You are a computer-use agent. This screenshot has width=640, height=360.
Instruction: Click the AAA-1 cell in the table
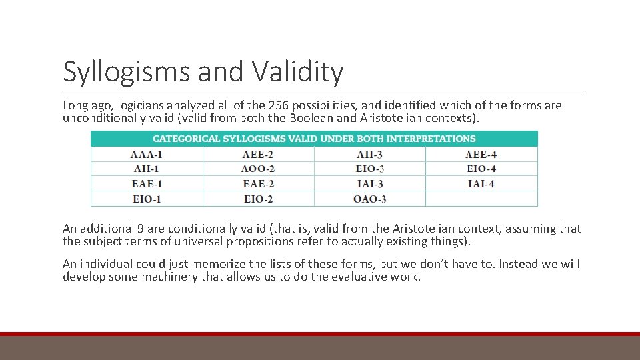pyautogui.click(x=147, y=155)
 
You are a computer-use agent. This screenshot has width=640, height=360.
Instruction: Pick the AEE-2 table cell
pyautogui.click(x=259, y=155)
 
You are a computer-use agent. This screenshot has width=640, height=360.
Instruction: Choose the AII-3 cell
pyautogui.click(x=369, y=155)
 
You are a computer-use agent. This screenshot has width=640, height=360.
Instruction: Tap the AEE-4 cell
pyautogui.click(x=481, y=155)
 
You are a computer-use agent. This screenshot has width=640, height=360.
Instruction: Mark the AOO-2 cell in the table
pyautogui.click(x=259, y=169)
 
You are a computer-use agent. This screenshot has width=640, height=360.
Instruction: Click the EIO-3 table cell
pyautogui.click(x=369, y=169)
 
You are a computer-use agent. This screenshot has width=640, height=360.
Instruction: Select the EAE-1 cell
pyautogui.click(x=147, y=184)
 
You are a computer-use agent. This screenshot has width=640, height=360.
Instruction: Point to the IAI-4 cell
pyautogui.click(x=481, y=184)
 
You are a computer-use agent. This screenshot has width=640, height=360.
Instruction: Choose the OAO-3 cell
pyautogui.click(x=369, y=199)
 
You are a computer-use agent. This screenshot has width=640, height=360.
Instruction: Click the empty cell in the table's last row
pyautogui.click(x=481, y=199)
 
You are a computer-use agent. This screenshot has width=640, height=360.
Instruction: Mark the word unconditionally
pyautogui.click(x=106, y=118)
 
